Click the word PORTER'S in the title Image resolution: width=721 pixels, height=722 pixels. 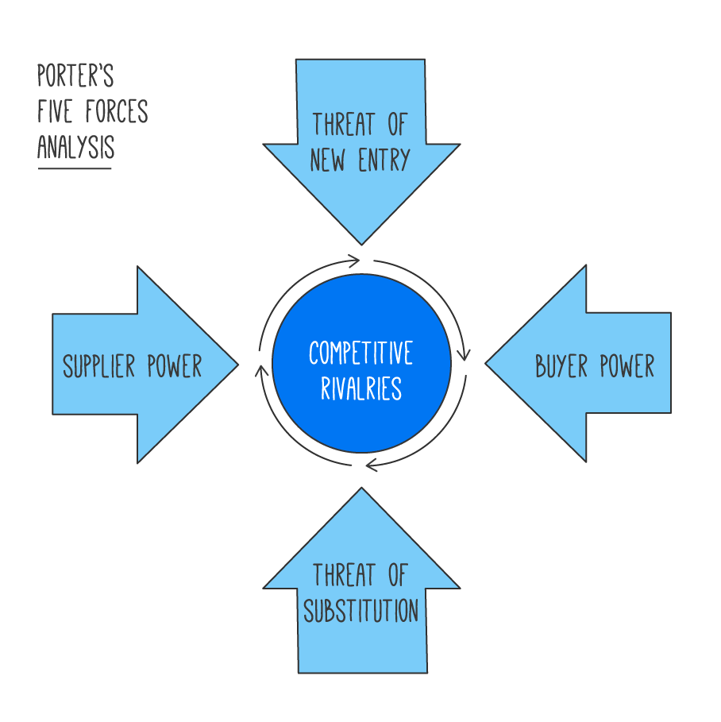[75, 77]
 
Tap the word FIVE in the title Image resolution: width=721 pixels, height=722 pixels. [55, 112]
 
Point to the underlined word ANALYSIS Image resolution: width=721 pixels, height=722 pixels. [75, 148]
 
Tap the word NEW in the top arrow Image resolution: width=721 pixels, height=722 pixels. [327, 160]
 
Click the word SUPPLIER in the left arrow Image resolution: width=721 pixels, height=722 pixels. [99, 366]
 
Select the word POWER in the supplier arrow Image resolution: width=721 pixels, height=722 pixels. [175, 366]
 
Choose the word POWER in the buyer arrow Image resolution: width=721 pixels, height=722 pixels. [627, 366]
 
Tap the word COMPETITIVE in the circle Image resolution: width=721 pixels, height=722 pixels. [361, 353]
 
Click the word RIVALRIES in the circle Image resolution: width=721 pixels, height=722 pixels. [361, 389]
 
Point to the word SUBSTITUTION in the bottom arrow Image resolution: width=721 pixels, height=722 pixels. [361, 611]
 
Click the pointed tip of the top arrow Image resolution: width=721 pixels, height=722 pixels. [361, 242]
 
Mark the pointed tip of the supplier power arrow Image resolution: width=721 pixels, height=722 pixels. [237, 365]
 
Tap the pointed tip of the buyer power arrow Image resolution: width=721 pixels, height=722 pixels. [487, 365]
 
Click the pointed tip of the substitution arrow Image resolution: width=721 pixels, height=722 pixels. [361, 489]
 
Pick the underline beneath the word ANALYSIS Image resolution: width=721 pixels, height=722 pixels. [75, 168]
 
